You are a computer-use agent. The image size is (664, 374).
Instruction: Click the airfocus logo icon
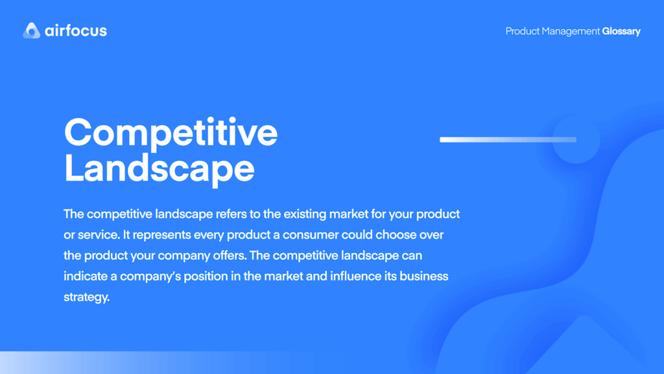(x=31, y=30)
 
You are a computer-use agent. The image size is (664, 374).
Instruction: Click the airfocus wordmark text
(x=76, y=30)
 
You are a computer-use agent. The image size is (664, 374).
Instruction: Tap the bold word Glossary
(x=621, y=31)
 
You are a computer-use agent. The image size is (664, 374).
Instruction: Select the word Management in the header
(x=571, y=31)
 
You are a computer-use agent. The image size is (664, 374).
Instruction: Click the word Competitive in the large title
(x=171, y=133)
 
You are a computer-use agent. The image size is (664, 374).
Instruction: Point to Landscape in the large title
(x=160, y=169)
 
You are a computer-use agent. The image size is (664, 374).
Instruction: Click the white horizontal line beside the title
(x=508, y=139)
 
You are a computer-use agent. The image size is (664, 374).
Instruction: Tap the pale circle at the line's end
(x=576, y=139)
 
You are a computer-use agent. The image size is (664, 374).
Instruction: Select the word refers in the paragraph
(x=231, y=214)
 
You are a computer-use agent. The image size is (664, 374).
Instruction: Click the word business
(x=424, y=276)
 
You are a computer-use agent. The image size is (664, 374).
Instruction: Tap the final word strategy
(x=86, y=298)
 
